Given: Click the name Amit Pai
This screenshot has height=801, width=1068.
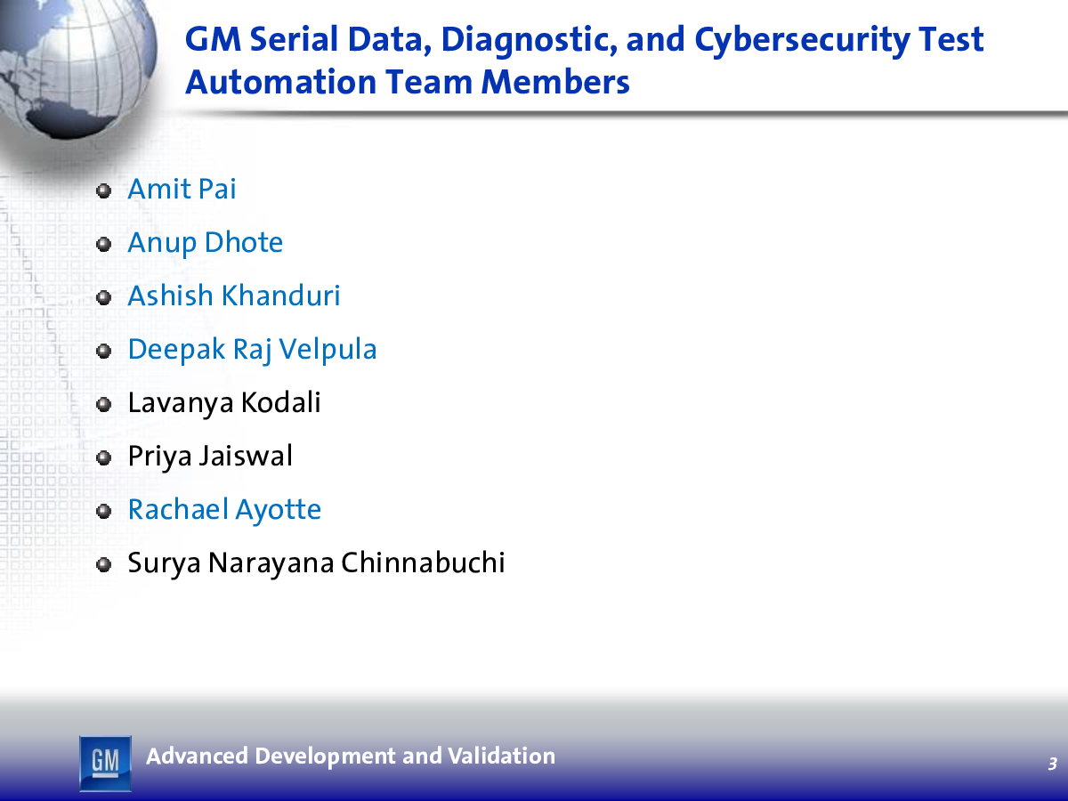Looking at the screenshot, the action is click(182, 189).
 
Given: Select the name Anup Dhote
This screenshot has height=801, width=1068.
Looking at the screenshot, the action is click(205, 243).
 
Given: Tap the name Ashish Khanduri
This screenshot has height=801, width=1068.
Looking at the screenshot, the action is click(234, 295).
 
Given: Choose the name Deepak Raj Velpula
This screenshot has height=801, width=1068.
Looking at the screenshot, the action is click(252, 350).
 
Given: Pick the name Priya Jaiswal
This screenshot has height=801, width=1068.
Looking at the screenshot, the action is click(210, 457).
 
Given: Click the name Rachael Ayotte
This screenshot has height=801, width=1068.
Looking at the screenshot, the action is click(224, 510).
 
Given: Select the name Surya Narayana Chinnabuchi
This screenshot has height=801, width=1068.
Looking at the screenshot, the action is click(316, 563).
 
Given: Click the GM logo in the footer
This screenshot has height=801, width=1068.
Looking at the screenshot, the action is click(105, 763).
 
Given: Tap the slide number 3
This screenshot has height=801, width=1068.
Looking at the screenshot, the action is click(1053, 764).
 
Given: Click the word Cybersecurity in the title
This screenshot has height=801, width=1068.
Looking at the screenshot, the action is click(802, 41).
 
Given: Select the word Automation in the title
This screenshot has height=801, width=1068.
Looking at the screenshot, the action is click(281, 82).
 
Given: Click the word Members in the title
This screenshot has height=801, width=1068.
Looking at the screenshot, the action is click(555, 82).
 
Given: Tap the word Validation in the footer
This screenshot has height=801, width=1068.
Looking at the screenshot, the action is click(501, 756).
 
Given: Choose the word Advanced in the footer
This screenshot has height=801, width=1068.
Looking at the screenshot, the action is click(197, 756).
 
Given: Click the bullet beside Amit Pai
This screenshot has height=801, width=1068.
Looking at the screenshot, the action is click(103, 190).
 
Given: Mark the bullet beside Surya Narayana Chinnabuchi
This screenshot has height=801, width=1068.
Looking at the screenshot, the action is click(103, 565).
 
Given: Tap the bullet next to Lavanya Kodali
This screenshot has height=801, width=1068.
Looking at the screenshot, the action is click(103, 405).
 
